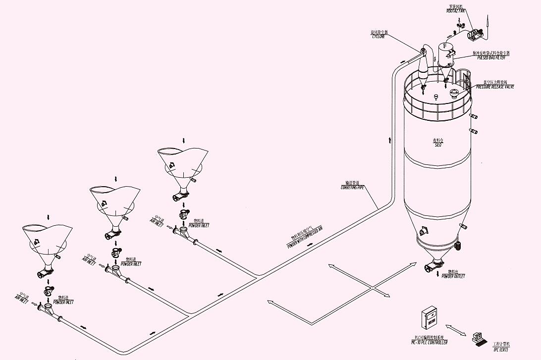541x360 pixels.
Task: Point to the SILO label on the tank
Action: point(437,144)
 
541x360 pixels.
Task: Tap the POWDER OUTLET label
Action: point(453,276)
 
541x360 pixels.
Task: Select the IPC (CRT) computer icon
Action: point(480,339)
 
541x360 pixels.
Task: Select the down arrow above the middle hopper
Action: point(116,178)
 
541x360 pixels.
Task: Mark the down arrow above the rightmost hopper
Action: point(184,140)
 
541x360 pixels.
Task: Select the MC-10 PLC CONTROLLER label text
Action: point(429,342)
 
